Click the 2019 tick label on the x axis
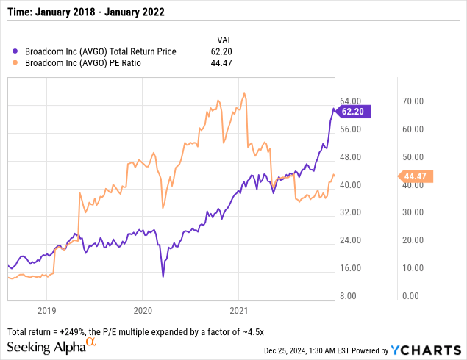tap(46, 309)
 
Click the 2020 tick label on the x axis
tap(143, 309)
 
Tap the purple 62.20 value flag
tap(352, 112)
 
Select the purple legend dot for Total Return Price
tap(16, 51)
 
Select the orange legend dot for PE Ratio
tap(16, 64)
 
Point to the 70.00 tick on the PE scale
tap(413, 101)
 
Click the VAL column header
tap(226, 39)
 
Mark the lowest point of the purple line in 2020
tap(163, 276)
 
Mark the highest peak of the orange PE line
tap(244, 93)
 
